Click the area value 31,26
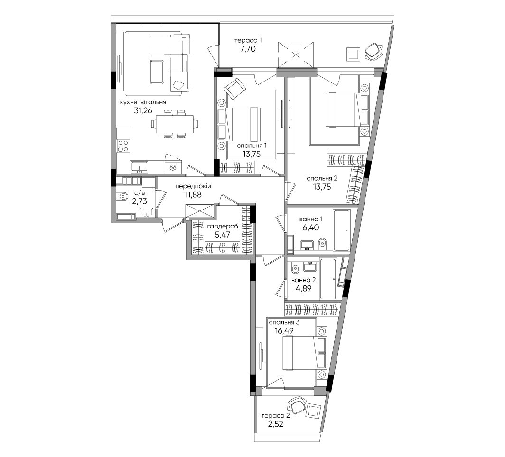143,111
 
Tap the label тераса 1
248,40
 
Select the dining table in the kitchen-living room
175,124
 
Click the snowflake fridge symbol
173,168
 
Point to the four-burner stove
123,146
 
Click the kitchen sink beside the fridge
140,167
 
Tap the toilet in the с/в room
122,195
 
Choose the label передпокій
193,186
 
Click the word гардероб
223,227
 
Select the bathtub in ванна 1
342,230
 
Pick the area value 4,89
303,289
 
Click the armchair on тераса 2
297,405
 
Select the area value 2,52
275,424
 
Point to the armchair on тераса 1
374,51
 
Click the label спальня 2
322,179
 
